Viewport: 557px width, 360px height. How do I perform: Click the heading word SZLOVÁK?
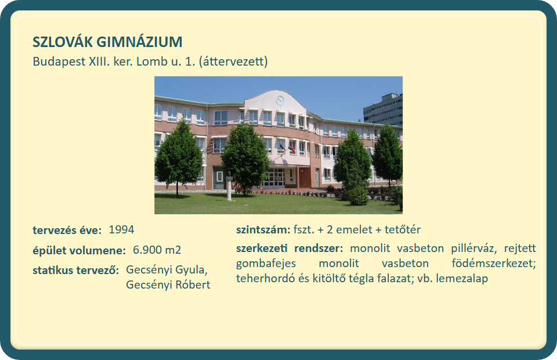pyautogui.click(x=63, y=42)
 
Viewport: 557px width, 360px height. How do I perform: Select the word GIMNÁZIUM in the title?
pyautogui.click(x=140, y=42)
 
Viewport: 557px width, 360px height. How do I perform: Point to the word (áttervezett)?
pyautogui.click(x=233, y=62)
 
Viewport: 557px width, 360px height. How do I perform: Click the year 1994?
pyautogui.click(x=121, y=229)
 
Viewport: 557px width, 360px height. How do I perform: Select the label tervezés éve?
pyautogui.click(x=67, y=231)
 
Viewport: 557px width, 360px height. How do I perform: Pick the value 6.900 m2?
pyautogui.click(x=157, y=250)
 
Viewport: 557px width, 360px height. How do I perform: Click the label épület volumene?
pyautogui.click(x=79, y=251)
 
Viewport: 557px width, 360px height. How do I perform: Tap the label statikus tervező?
pyautogui.click(x=75, y=271)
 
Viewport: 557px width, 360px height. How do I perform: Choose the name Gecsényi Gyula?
pyautogui.click(x=166, y=270)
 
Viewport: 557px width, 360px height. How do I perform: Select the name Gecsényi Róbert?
pyautogui.click(x=168, y=285)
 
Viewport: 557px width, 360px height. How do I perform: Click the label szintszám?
pyautogui.click(x=263, y=230)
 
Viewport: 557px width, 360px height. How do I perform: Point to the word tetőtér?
pyautogui.click(x=403, y=229)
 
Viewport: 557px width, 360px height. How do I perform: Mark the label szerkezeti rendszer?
pyautogui.click(x=290, y=248)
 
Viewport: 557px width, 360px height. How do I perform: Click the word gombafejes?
pyautogui.click(x=266, y=264)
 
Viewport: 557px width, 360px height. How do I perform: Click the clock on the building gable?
pyautogui.click(x=280, y=100)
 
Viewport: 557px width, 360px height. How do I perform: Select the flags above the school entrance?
pyautogui.click(x=288, y=146)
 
